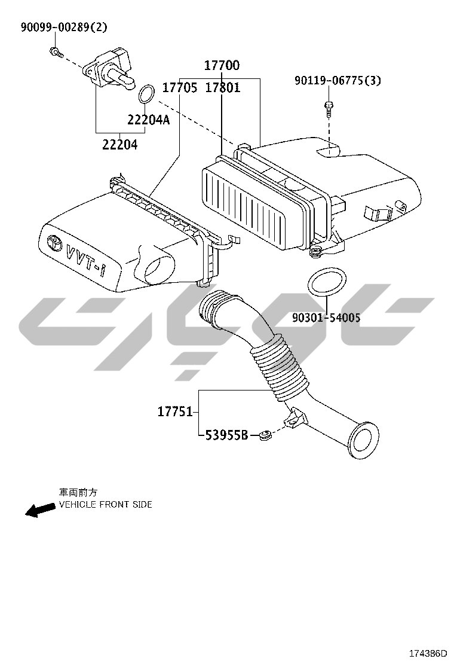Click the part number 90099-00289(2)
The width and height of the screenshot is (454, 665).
coord(64,28)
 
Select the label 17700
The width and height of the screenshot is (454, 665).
coord(222,65)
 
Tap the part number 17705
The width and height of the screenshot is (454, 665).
coord(180,88)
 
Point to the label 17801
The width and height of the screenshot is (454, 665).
coord(223,88)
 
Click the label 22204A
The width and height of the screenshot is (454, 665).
coord(149,120)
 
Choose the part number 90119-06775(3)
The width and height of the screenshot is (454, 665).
coord(338,80)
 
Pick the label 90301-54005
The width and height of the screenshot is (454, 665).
coord(326,317)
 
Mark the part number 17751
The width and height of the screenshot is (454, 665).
coord(176,411)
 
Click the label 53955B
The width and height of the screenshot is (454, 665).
coord(226,435)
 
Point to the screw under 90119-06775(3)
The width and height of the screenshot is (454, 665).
coord(329,109)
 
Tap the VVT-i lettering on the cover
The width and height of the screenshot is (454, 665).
coord(84,258)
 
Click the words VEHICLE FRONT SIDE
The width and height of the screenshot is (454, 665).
coord(106,505)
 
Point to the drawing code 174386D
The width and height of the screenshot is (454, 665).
coord(428,652)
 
